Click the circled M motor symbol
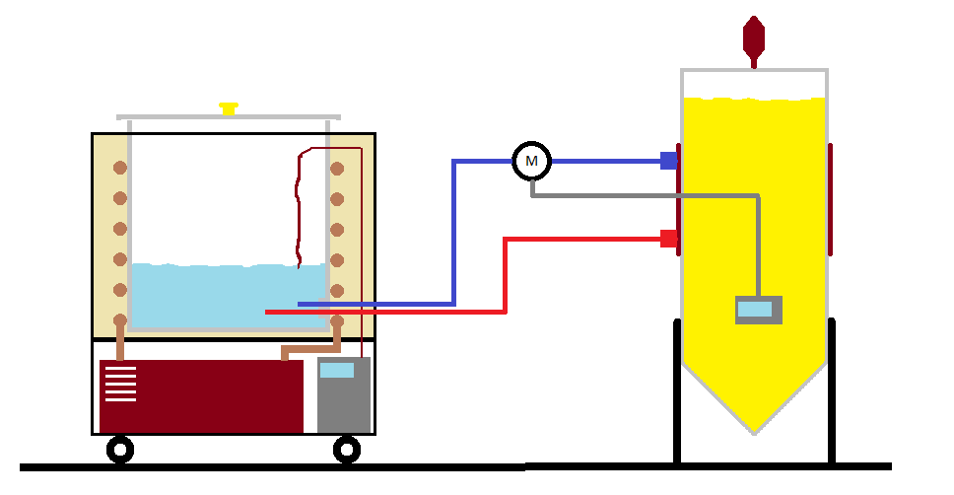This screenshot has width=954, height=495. coord(531,160)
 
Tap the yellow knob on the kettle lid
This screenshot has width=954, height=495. coord(229,108)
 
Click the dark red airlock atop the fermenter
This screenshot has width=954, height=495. coord(754,36)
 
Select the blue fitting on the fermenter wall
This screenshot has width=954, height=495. coord(668,160)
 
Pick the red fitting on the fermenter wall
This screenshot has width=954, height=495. coord(668,238)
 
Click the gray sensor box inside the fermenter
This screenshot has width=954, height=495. coord(758,310)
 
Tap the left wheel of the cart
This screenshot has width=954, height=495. coord(120,450)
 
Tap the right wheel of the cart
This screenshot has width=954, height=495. coord(347,450)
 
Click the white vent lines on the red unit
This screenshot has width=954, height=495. coord(120,384)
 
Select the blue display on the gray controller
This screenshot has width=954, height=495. coord(337,371)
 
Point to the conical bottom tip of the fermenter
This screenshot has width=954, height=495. coord(754,430)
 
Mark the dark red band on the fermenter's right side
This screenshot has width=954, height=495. coord(831,197)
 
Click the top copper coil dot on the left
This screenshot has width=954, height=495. coord(120,168)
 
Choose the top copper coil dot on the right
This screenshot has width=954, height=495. coord(337,168)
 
